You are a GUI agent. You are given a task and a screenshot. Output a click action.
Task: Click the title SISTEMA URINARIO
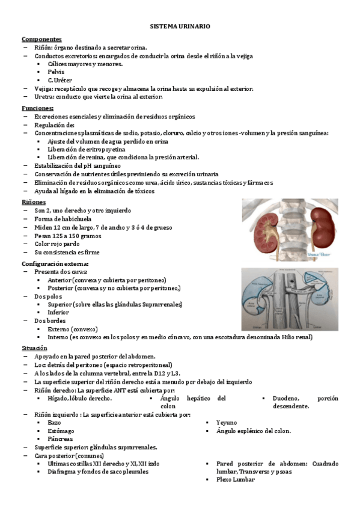coord(180,28)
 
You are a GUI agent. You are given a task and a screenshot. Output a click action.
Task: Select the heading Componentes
coord(41,38)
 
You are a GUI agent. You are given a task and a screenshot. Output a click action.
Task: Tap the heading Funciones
coord(37,108)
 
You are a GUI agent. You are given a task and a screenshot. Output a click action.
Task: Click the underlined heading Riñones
coord(33,202)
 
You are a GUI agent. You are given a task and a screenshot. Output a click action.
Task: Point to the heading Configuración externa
coord(55,263)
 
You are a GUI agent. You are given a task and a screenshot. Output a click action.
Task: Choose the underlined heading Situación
coord(34,348)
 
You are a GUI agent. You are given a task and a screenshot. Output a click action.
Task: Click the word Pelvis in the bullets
coord(56,72)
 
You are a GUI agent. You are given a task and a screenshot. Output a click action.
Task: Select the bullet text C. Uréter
coord(61,80)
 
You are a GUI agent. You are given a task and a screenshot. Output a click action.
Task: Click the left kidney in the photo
coord(264,227)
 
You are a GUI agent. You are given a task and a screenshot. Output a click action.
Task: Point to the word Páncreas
coord(61,439)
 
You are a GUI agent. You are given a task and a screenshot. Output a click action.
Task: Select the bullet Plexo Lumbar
coord(236,479)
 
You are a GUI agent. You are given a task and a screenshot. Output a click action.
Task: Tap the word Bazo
coord(54,423)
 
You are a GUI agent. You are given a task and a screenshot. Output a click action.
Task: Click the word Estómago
coord(61,431)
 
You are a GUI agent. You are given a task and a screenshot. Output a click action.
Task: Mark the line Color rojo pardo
coord(58,244)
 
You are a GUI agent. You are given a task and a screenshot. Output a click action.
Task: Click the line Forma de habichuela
coord(66,219)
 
